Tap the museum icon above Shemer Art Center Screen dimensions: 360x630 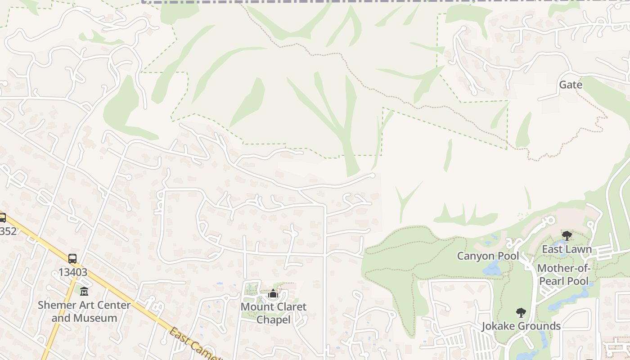coord(84,292)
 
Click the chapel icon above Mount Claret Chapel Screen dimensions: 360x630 coord(273,294)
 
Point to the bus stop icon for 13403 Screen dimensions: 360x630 coord(72,259)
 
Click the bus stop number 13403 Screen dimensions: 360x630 coord(72,272)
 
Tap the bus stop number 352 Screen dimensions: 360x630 coord(8,231)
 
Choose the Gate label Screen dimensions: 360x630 coord(570,85)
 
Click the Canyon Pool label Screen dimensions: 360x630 coord(488,256)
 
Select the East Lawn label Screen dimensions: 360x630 coord(567,249)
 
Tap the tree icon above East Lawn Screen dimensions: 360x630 coord(567,235)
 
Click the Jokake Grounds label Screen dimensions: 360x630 coord(521,326)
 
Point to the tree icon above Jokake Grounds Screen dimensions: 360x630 coord(521,312)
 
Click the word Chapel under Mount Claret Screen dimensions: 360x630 coord(274,320)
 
